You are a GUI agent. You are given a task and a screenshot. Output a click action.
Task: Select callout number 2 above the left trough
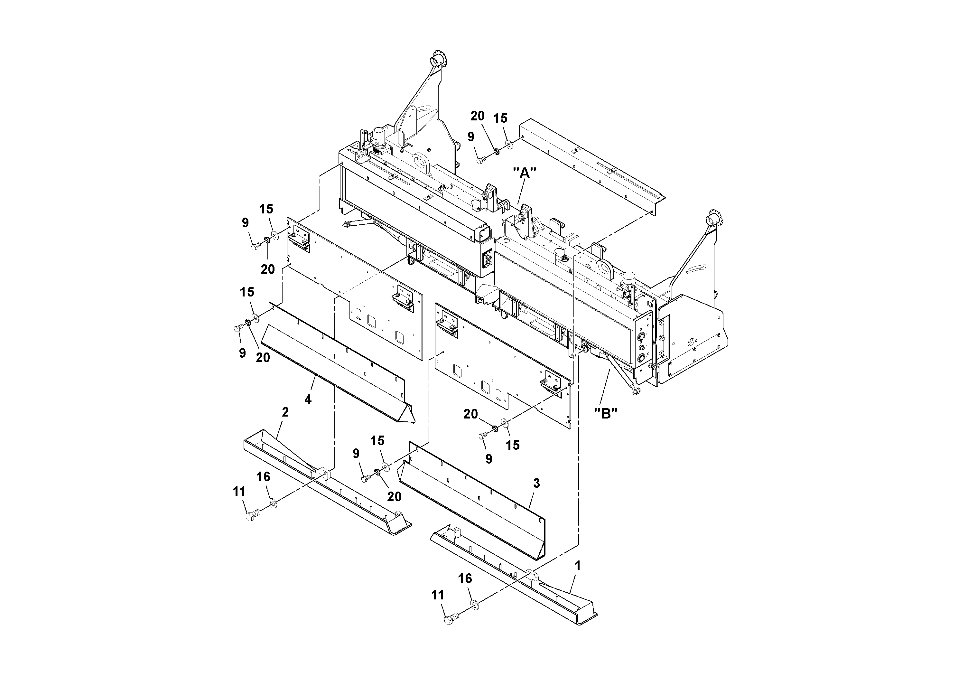click(x=285, y=412)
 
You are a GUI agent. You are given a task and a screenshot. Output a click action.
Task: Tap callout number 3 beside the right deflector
click(x=536, y=483)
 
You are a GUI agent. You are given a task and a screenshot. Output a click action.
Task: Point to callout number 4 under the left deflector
click(x=308, y=400)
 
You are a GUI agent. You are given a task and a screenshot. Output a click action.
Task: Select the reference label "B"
click(x=605, y=413)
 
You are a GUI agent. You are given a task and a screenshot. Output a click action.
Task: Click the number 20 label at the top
click(x=478, y=116)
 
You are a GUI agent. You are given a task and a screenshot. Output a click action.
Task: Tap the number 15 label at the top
click(x=500, y=118)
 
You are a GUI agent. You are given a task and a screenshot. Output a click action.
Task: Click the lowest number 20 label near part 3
click(x=394, y=496)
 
